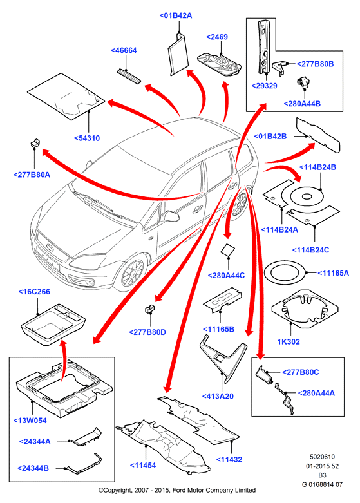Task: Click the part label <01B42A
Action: [x=176, y=15]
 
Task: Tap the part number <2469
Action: [x=217, y=37]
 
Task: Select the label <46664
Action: [x=124, y=50]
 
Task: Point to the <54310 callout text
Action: [x=87, y=138]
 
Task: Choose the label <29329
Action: [x=265, y=86]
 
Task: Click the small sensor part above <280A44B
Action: [x=302, y=82]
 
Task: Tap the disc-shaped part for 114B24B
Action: [x=307, y=196]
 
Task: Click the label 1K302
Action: [x=289, y=341]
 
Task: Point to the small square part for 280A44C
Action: [x=227, y=251]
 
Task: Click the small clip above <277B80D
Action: [x=148, y=308]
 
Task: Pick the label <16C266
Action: [x=34, y=292]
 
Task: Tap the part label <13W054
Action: [x=30, y=421]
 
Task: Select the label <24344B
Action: [x=33, y=468]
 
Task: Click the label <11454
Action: [x=143, y=465]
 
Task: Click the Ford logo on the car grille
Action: [x=50, y=247]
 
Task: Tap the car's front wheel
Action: [x=131, y=274]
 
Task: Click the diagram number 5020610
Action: [x=322, y=457]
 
